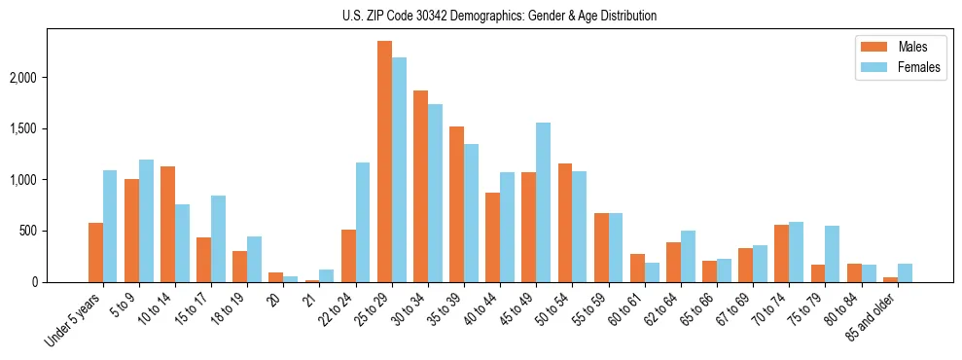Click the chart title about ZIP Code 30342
point(499,16)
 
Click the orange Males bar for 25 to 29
point(384,162)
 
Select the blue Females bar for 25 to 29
point(399,170)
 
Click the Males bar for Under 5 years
point(95,253)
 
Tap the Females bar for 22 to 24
point(363,223)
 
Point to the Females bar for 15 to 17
point(218,239)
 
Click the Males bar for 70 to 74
point(782,254)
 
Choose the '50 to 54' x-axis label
point(553,309)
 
